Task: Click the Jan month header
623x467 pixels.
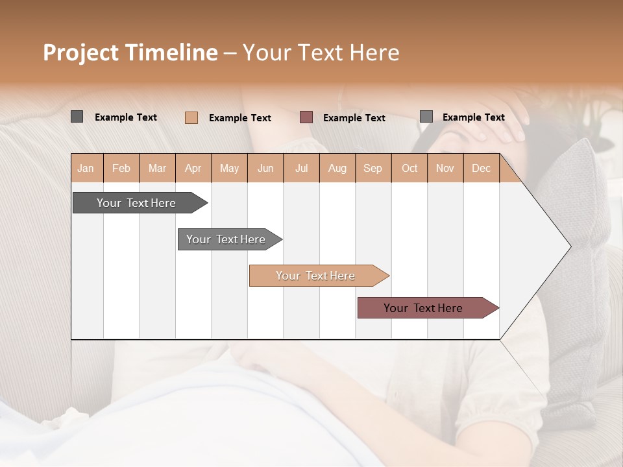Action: tap(86, 168)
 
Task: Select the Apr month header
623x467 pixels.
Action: tap(193, 168)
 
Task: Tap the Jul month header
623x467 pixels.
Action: tap(301, 168)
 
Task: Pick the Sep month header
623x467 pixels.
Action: tap(373, 168)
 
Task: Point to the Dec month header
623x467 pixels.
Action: tap(481, 168)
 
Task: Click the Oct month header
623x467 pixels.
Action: tap(409, 168)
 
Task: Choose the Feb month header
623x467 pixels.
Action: tap(121, 168)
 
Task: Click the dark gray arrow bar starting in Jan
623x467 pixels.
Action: tap(136, 203)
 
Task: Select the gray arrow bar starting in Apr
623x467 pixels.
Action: tap(226, 239)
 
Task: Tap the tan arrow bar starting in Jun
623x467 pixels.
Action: tap(315, 276)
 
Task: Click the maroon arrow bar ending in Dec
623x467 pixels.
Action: tap(423, 308)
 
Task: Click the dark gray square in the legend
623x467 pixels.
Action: tap(77, 117)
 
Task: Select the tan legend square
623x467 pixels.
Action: tap(191, 117)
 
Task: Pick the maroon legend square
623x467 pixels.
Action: tap(306, 117)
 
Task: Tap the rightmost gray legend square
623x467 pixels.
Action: tap(426, 116)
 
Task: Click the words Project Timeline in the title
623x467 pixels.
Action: tap(130, 53)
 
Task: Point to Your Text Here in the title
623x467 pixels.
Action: tap(321, 53)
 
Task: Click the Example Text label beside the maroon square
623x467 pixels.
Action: tap(354, 118)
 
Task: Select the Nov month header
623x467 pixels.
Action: tap(445, 168)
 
